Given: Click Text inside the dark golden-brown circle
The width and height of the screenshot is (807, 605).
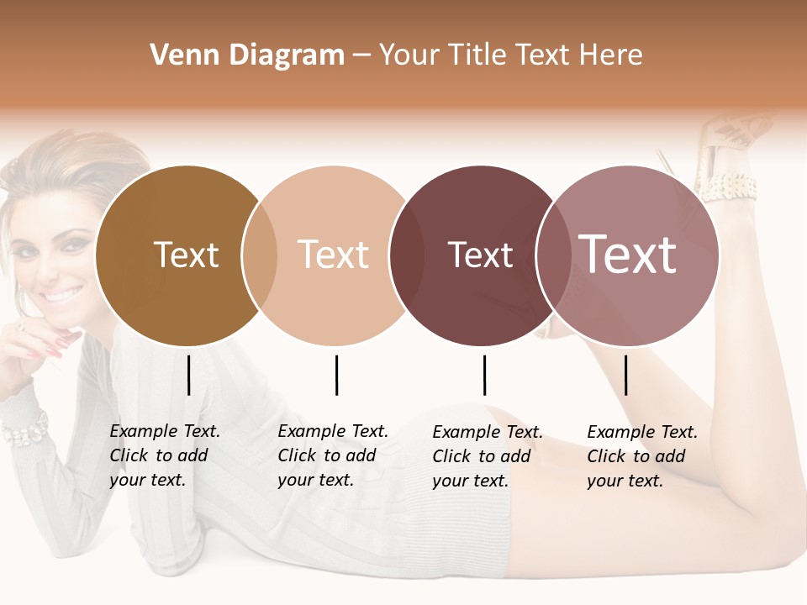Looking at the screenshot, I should coord(186,255).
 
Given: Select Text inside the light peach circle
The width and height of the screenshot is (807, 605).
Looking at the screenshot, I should coord(334,255).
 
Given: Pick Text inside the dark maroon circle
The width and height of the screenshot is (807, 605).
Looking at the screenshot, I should coord(480,255).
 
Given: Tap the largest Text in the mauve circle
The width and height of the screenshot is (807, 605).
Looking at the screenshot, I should coord(628,255).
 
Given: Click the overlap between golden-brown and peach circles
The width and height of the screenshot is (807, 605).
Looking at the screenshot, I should coord(260,256).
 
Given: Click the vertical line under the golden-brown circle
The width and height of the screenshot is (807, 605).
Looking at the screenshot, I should coord(189,375).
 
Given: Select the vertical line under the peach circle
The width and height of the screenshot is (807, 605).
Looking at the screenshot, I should coord(336,375).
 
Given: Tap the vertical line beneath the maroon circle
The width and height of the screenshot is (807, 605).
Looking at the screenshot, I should coord(484,375).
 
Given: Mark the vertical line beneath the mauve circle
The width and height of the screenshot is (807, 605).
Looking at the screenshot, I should coord(625,375).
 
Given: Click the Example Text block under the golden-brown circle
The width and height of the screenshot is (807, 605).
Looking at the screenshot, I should coord(165,455).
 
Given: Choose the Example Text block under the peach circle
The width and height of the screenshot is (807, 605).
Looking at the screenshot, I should coord(333,455).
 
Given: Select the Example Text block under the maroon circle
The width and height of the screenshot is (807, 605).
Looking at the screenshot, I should coord(488,456).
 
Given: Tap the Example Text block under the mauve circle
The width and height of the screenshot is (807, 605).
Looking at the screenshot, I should coord(642,456).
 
